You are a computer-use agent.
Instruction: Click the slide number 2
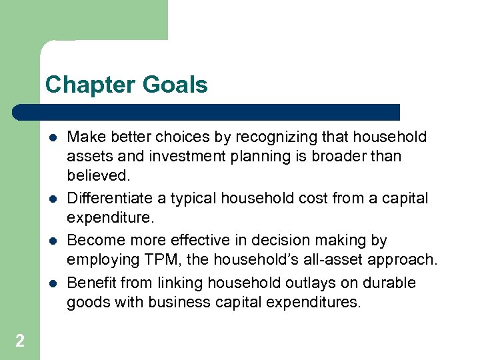pos(20,341)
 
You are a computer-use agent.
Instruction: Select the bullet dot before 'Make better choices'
pos(53,138)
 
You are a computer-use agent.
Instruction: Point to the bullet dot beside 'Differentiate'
pos(53,199)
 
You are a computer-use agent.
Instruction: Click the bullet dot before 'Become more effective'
pos(53,241)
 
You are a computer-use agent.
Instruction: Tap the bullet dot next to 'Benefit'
pos(53,283)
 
